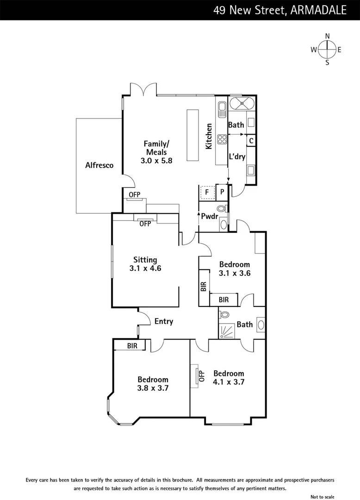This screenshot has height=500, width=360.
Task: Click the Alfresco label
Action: click(x=99, y=165)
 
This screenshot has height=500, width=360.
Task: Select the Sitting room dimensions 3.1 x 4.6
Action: click(x=145, y=268)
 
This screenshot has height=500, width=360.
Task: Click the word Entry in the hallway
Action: click(x=164, y=321)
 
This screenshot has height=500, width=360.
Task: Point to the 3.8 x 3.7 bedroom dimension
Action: click(x=153, y=388)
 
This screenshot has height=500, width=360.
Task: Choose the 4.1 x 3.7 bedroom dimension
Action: click(x=229, y=382)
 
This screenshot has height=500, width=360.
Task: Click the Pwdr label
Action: click(x=209, y=216)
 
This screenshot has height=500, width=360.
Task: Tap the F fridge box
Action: click(x=207, y=191)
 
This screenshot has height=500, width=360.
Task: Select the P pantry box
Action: click(x=222, y=191)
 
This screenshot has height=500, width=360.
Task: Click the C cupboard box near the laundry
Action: click(x=251, y=140)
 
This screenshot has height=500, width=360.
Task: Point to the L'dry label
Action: click(x=237, y=156)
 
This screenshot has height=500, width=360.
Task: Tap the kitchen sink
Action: click(x=222, y=109)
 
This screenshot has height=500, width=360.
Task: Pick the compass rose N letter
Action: click(x=327, y=36)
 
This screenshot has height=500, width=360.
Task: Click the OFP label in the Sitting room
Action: click(x=145, y=224)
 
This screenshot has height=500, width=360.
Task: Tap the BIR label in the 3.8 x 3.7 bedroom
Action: click(x=132, y=345)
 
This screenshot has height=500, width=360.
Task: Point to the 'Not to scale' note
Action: click(x=322, y=497)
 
